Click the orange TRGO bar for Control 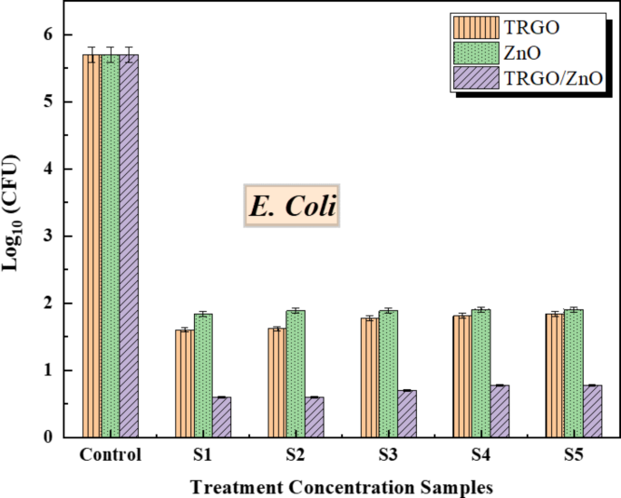point(92,245)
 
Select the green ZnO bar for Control point(111,245)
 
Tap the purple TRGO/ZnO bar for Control point(130,245)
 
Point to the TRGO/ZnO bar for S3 point(406,414)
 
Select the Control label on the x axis point(111,455)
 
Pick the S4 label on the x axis point(480,455)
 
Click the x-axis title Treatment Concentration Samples point(341,485)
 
